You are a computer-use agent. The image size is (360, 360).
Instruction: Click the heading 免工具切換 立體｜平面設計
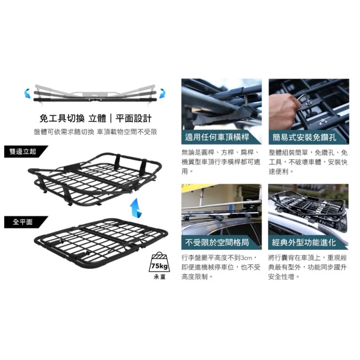tap(95, 118)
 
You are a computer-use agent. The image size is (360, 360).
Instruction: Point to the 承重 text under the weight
tap(159, 277)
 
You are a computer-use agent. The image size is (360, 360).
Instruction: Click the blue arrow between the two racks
tap(136, 208)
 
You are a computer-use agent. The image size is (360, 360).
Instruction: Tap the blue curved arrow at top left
tap(28, 94)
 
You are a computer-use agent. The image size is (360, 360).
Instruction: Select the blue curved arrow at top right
tap(163, 94)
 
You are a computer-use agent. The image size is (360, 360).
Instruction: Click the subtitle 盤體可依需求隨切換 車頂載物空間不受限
tap(95, 132)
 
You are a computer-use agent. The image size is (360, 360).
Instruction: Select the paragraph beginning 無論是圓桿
tap(221, 162)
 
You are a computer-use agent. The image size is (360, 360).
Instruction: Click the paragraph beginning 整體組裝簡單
tap(308, 162)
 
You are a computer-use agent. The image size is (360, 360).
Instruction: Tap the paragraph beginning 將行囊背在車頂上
tap(307, 267)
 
